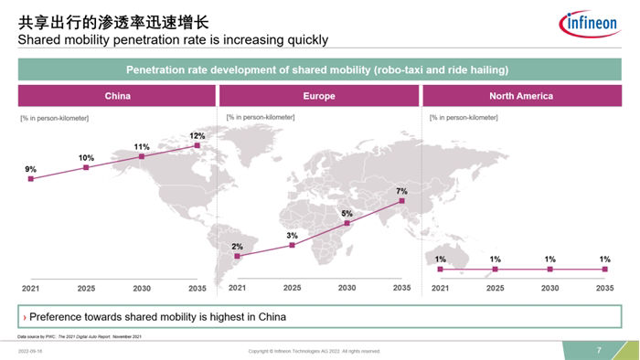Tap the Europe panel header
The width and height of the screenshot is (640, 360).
[x=318, y=95]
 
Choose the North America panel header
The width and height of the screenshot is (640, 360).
[x=521, y=95]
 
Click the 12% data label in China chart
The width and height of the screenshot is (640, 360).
[x=197, y=136]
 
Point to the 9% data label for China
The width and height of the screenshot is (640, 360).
[x=31, y=169]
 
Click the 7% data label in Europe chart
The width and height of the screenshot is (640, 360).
[x=401, y=191]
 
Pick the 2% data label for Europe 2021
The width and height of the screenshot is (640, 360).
[x=237, y=247]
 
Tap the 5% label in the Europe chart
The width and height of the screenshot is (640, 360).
[x=347, y=213]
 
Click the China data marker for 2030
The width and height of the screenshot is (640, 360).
[x=142, y=157]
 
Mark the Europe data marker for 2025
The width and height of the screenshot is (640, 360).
[x=292, y=245]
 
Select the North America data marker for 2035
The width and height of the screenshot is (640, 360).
[x=604, y=270]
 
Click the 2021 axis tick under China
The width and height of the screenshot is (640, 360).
[x=31, y=288]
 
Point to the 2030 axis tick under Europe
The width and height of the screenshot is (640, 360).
[x=347, y=288]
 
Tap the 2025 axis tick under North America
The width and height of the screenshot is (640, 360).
[x=495, y=288]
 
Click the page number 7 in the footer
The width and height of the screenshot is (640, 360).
[x=599, y=351]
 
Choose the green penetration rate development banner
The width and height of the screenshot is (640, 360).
[x=317, y=70]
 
